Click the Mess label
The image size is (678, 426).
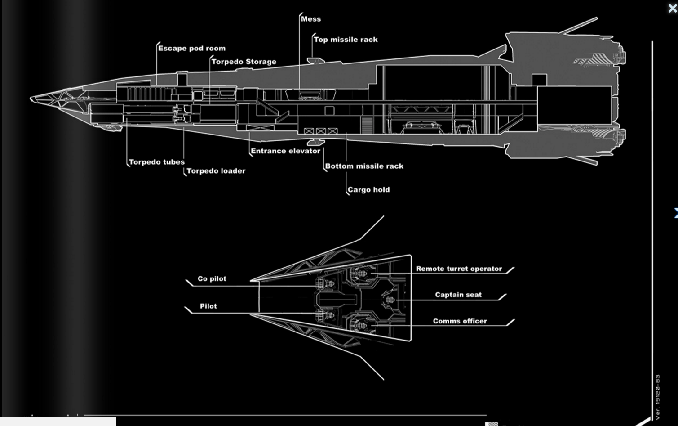point(311,19)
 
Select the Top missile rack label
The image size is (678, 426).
point(346,40)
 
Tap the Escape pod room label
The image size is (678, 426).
point(192,48)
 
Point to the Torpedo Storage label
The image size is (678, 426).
point(244,62)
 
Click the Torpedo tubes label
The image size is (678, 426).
point(156,162)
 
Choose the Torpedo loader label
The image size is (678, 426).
point(216,171)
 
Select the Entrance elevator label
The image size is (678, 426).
point(285,151)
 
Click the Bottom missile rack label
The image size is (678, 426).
point(364,166)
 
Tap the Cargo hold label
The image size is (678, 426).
point(368,189)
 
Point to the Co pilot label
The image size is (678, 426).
point(212,278)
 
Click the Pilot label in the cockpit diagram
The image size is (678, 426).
point(208,306)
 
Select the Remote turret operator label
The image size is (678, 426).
point(459,269)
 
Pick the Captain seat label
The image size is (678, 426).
point(458,295)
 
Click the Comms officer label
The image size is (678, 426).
point(460,321)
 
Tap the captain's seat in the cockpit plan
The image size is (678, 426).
point(389,299)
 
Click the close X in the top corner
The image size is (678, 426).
point(672,9)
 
